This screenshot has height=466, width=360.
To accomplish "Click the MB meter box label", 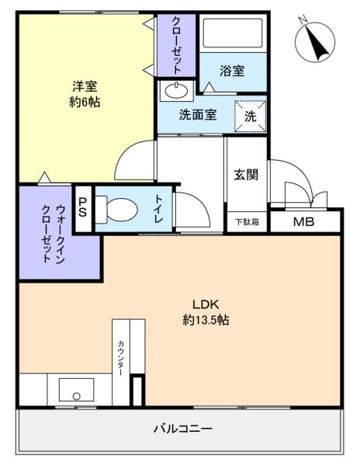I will [303, 222].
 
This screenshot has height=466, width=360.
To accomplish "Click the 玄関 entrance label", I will [246, 174].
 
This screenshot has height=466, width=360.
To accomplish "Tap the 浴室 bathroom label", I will [231, 71].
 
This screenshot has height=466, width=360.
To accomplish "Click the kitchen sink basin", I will [76, 388].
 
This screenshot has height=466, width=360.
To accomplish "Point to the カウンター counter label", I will [121, 358].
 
